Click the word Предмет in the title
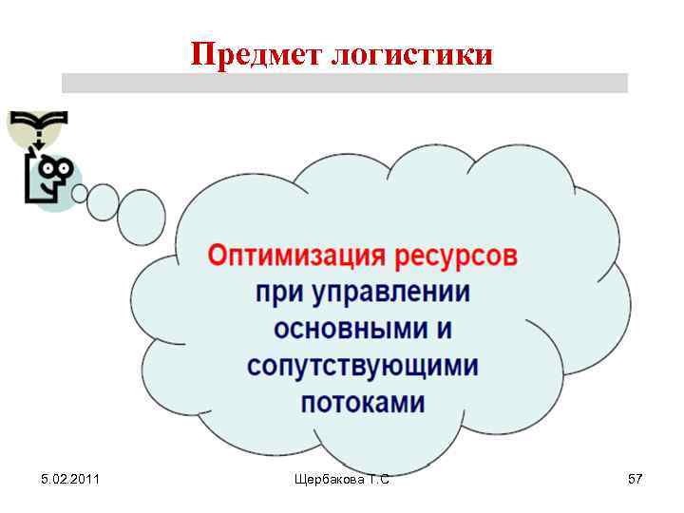click(256, 54)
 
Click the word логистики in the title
click(411, 55)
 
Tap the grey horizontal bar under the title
click(344, 84)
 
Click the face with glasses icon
click(48, 179)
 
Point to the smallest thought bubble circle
click(80, 194)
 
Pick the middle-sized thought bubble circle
click(103, 201)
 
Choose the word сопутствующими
click(362, 366)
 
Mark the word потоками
click(362, 402)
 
